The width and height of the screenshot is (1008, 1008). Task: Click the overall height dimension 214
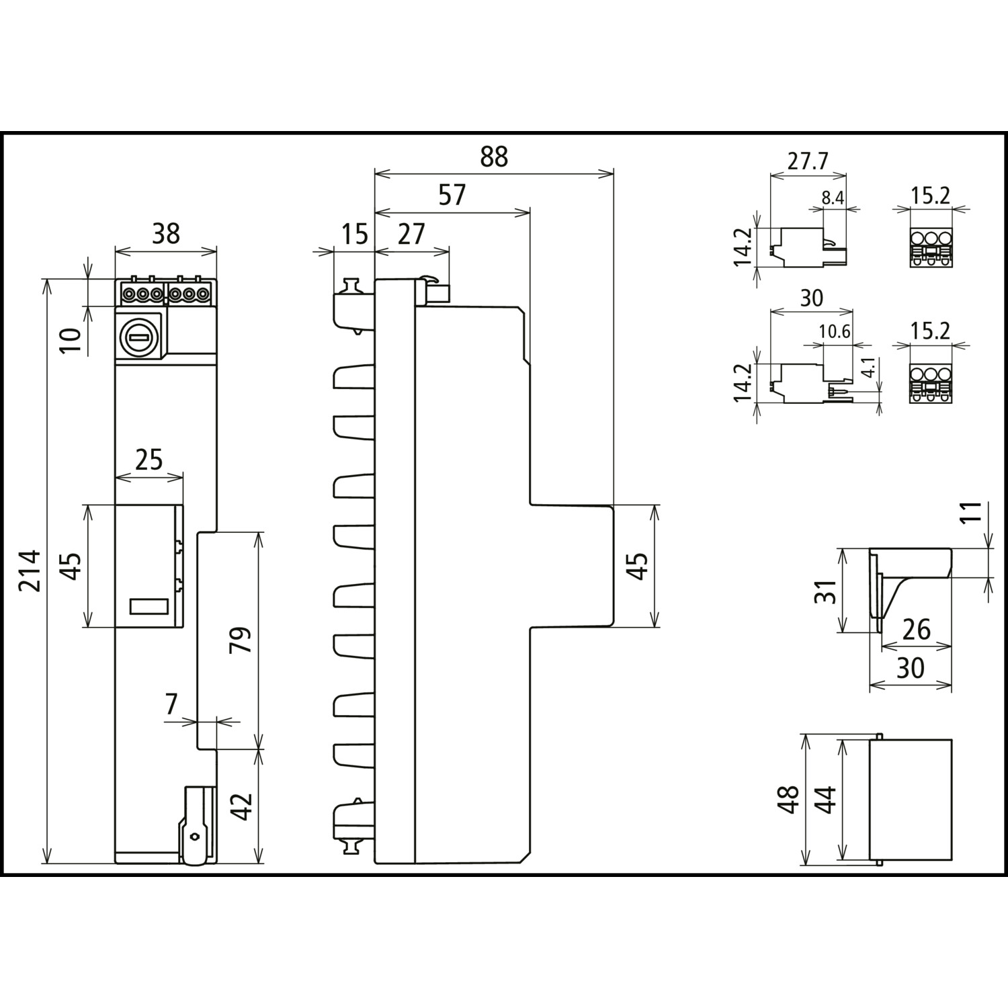[x=30, y=571]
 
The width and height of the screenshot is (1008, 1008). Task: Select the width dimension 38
[x=166, y=233]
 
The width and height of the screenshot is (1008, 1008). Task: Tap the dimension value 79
[x=241, y=640]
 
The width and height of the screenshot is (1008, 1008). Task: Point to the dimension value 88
[x=495, y=157]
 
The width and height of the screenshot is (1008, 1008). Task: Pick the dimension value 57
[x=452, y=195]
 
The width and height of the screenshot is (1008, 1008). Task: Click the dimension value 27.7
[x=808, y=161]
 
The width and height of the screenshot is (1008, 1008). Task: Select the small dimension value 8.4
[x=833, y=198]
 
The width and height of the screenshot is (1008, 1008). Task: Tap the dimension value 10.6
[x=835, y=331]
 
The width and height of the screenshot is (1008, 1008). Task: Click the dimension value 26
[x=917, y=630]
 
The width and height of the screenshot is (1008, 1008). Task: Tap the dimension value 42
[x=241, y=806]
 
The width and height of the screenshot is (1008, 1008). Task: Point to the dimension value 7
[x=171, y=704]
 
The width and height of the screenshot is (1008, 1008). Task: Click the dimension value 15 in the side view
[x=354, y=233]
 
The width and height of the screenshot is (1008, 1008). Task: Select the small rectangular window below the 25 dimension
[x=148, y=605]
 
